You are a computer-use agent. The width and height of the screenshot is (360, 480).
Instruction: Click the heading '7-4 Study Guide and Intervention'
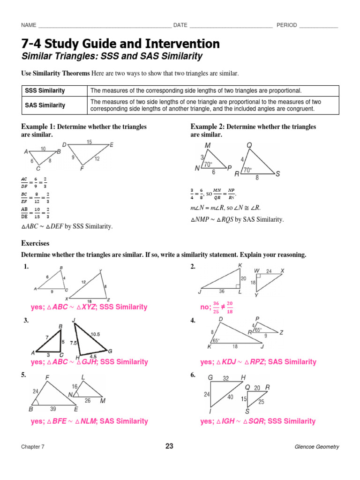pyautogui.click(x=120, y=44)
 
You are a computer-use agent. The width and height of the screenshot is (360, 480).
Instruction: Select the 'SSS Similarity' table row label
pyautogui.click(x=45, y=90)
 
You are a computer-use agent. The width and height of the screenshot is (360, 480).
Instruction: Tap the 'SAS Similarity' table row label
pyautogui.click(x=45, y=105)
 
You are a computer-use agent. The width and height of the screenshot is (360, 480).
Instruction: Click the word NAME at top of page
pyautogui.click(x=29, y=25)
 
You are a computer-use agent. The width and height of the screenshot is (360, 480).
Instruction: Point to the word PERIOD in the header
pyautogui.click(x=286, y=25)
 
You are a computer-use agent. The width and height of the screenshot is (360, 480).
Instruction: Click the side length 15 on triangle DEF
pyautogui.click(x=89, y=142)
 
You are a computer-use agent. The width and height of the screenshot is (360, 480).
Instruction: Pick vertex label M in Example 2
pyautogui.click(x=207, y=146)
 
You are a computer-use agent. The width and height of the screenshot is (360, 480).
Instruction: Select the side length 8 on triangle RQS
pyautogui.click(x=256, y=178)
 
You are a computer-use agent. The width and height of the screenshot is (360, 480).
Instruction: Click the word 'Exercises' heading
pyautogui.click(x=35, y=243)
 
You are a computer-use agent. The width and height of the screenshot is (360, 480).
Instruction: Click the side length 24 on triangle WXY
pyautogui.click(x=269, y=271)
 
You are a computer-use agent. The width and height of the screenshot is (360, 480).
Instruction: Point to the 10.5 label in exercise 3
pyautogui.click(x=96, y=334)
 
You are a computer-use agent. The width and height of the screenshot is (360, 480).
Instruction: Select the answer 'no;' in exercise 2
pyautogui.click(x=204, y=307)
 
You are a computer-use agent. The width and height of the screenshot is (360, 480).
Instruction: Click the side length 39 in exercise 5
pyautogui.click(x=53, y=408)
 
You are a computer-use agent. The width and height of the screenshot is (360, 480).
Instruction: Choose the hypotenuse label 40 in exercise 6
pyautogui.click(x=230, y=397)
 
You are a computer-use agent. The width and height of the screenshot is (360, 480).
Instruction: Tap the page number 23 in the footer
pyautogui.click(x=169, y=446)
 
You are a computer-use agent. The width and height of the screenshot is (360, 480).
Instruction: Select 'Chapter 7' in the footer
pyautogui.click(x=33, y=447)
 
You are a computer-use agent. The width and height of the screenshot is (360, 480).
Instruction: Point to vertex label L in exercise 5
pyautogui.click(x=83, y=377)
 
